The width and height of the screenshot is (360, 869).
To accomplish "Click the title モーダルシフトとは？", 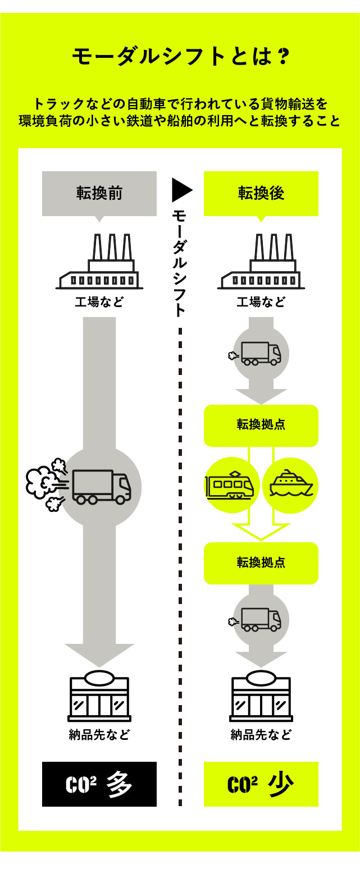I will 180,56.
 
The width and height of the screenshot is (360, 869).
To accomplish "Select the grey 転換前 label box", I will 99,193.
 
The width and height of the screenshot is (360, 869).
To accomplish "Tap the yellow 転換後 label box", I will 261,193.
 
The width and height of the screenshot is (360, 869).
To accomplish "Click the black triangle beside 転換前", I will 181,190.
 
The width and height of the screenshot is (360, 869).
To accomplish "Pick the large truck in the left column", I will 102,486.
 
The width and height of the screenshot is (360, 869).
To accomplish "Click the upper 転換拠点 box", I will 261,425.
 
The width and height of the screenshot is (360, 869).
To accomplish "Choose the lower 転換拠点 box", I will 261,562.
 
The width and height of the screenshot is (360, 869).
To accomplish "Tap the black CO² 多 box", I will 99,784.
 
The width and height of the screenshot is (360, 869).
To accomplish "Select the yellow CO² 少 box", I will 261,784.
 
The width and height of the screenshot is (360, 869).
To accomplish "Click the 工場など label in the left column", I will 99,303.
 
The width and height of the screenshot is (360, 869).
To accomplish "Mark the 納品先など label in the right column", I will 261,735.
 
